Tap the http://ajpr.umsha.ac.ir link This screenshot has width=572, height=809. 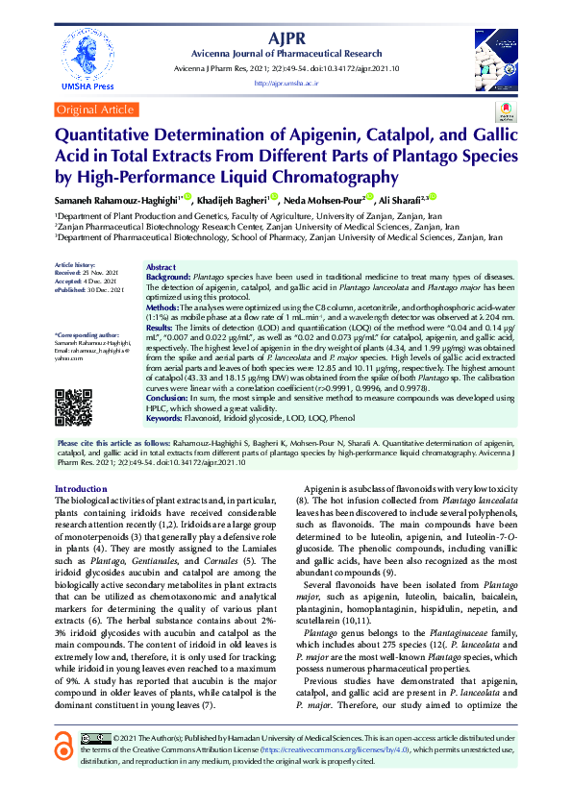click(x=286, y=84)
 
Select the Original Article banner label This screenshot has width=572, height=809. click(x=96, y=110)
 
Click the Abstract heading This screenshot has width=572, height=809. click(x=161, y=267)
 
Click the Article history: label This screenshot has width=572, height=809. click(x=75, y=263)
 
